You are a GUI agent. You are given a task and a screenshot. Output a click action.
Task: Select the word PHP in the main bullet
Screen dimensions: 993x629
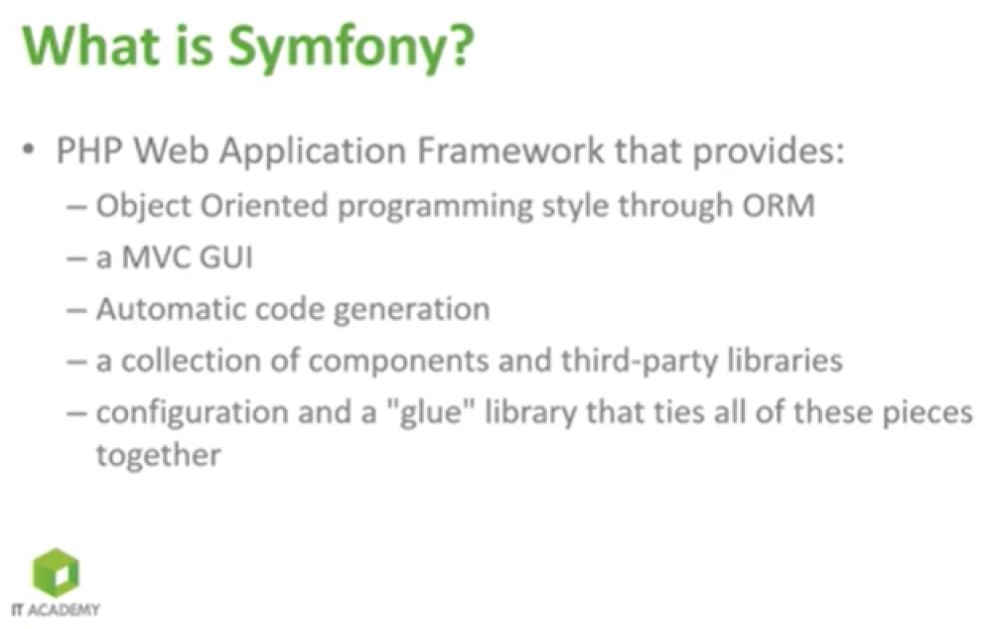(88, 151)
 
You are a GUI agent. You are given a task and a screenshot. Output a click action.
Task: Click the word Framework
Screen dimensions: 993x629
(510, 151)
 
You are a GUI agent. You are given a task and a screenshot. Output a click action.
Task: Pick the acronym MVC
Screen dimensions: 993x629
(157, 257)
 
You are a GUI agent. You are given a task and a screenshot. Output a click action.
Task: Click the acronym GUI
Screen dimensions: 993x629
(226, 257)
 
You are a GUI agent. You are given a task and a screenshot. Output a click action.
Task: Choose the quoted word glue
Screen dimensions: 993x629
(430, 413)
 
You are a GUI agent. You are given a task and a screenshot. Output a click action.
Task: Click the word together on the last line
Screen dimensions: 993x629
(158, 456)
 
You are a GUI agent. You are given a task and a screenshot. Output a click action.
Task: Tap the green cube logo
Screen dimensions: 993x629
(57, 572)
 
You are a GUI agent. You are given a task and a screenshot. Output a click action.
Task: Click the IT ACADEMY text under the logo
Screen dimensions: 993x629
(56, 609)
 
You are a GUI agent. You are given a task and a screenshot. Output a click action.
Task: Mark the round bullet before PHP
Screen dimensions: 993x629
(28, 151)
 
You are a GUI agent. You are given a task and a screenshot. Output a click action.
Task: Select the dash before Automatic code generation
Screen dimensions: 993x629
(76, 311)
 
